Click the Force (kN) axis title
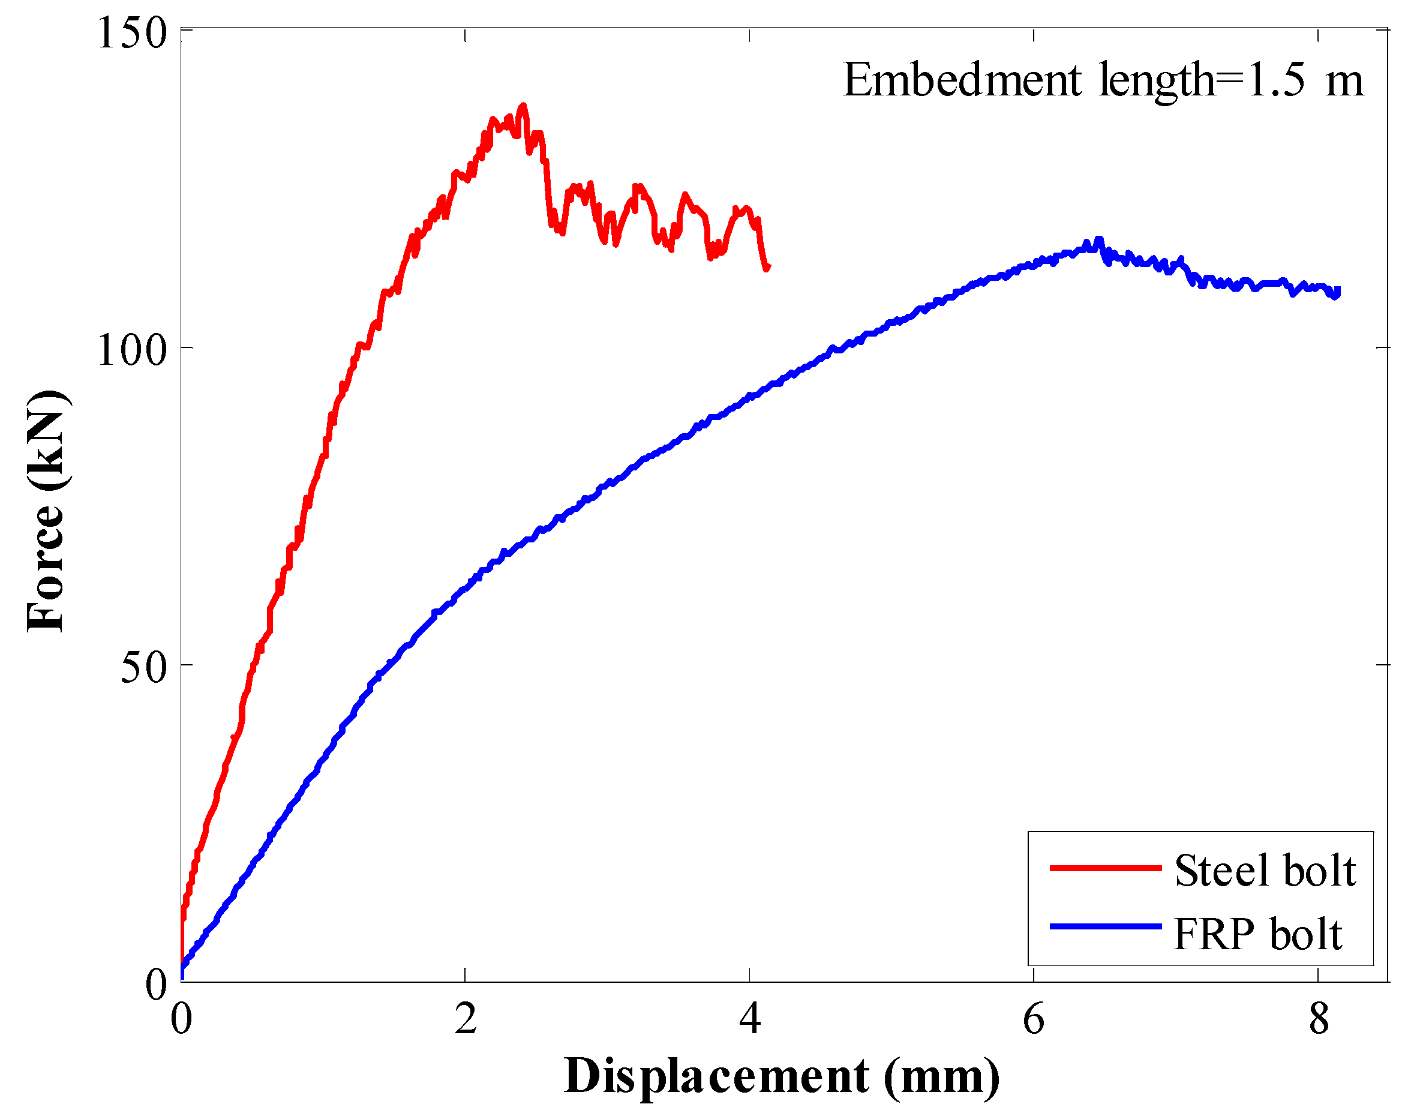click(x=46, y=512)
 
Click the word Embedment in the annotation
click(x=962, y=81)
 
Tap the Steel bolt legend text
click(x=1265, y=871)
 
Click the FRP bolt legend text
click(x=1257, y=934)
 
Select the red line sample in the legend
click(x=1106, y=868)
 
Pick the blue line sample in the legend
click(x=1106, y=926)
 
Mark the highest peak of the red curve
click(x=523, y=106)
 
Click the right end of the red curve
click(x=767, y=266)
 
